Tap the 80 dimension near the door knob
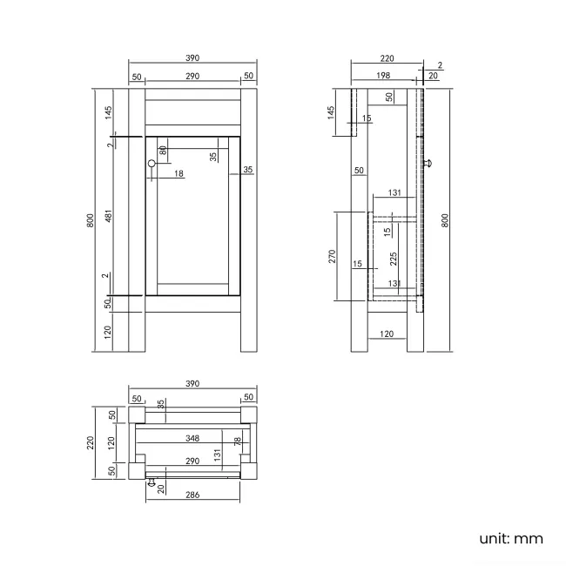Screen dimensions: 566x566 point(163,151)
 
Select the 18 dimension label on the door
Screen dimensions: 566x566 point(179,174)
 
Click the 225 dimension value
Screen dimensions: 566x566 point(394,258)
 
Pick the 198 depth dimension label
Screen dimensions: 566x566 point(384,77)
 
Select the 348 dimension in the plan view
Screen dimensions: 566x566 point(192,438)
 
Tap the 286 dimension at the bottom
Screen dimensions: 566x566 point(192,494)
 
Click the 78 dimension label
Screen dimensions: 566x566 point(237,442)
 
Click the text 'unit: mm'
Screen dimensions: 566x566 point(511,538)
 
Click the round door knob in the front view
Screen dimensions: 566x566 point(152,164)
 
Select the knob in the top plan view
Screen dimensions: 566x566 point(152,482)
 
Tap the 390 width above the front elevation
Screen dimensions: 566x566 point(192,58)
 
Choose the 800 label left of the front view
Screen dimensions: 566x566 point(91,220)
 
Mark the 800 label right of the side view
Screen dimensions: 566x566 point(446,220)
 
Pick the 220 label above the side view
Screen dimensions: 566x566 point(387,58)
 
